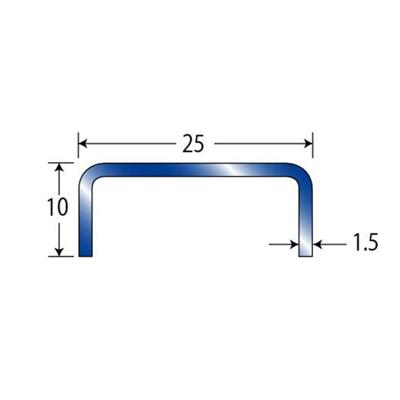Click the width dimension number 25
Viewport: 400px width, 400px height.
click(194, 143)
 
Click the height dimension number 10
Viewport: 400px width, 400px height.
click(58, 206)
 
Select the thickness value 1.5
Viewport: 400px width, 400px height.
click(365, 242)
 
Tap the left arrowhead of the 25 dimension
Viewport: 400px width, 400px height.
click(83, 143)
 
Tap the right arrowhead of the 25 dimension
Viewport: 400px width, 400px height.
click(308, 143)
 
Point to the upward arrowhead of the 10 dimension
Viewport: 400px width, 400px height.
click(59, 167)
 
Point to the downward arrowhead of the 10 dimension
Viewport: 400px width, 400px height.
click(59, 252)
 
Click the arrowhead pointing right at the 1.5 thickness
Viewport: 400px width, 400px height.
click(295, 245)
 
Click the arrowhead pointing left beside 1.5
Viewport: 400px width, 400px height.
click(317, 245)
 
